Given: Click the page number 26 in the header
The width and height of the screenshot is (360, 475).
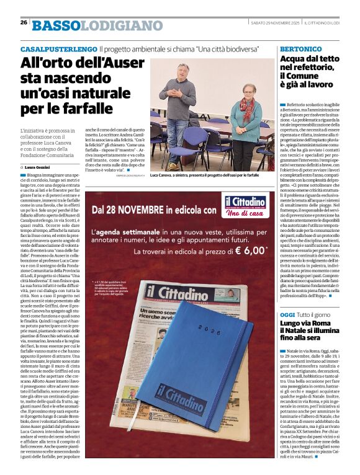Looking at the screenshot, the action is [x=24, y=22].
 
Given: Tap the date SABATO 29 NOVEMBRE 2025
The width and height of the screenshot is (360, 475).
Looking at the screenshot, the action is [x=276, y=23].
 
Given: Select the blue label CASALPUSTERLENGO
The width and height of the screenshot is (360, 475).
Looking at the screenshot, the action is [x=58, y=48].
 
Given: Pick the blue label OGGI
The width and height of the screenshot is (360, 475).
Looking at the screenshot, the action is [x=287, y=316].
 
